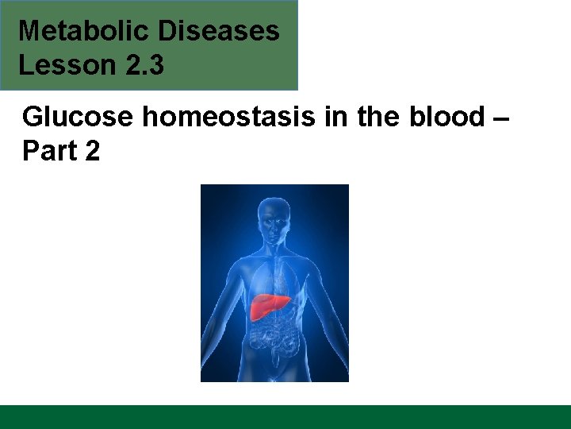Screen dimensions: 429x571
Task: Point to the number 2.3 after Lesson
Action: pos(144,65)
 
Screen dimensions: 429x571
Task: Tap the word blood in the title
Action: pos(440,118)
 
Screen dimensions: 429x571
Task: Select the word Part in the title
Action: pos(47,151)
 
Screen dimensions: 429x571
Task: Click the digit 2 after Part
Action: pos(91,151)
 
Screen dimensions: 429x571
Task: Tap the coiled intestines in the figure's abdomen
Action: pos(274,342)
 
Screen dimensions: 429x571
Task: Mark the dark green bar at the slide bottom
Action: pos(285,417)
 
